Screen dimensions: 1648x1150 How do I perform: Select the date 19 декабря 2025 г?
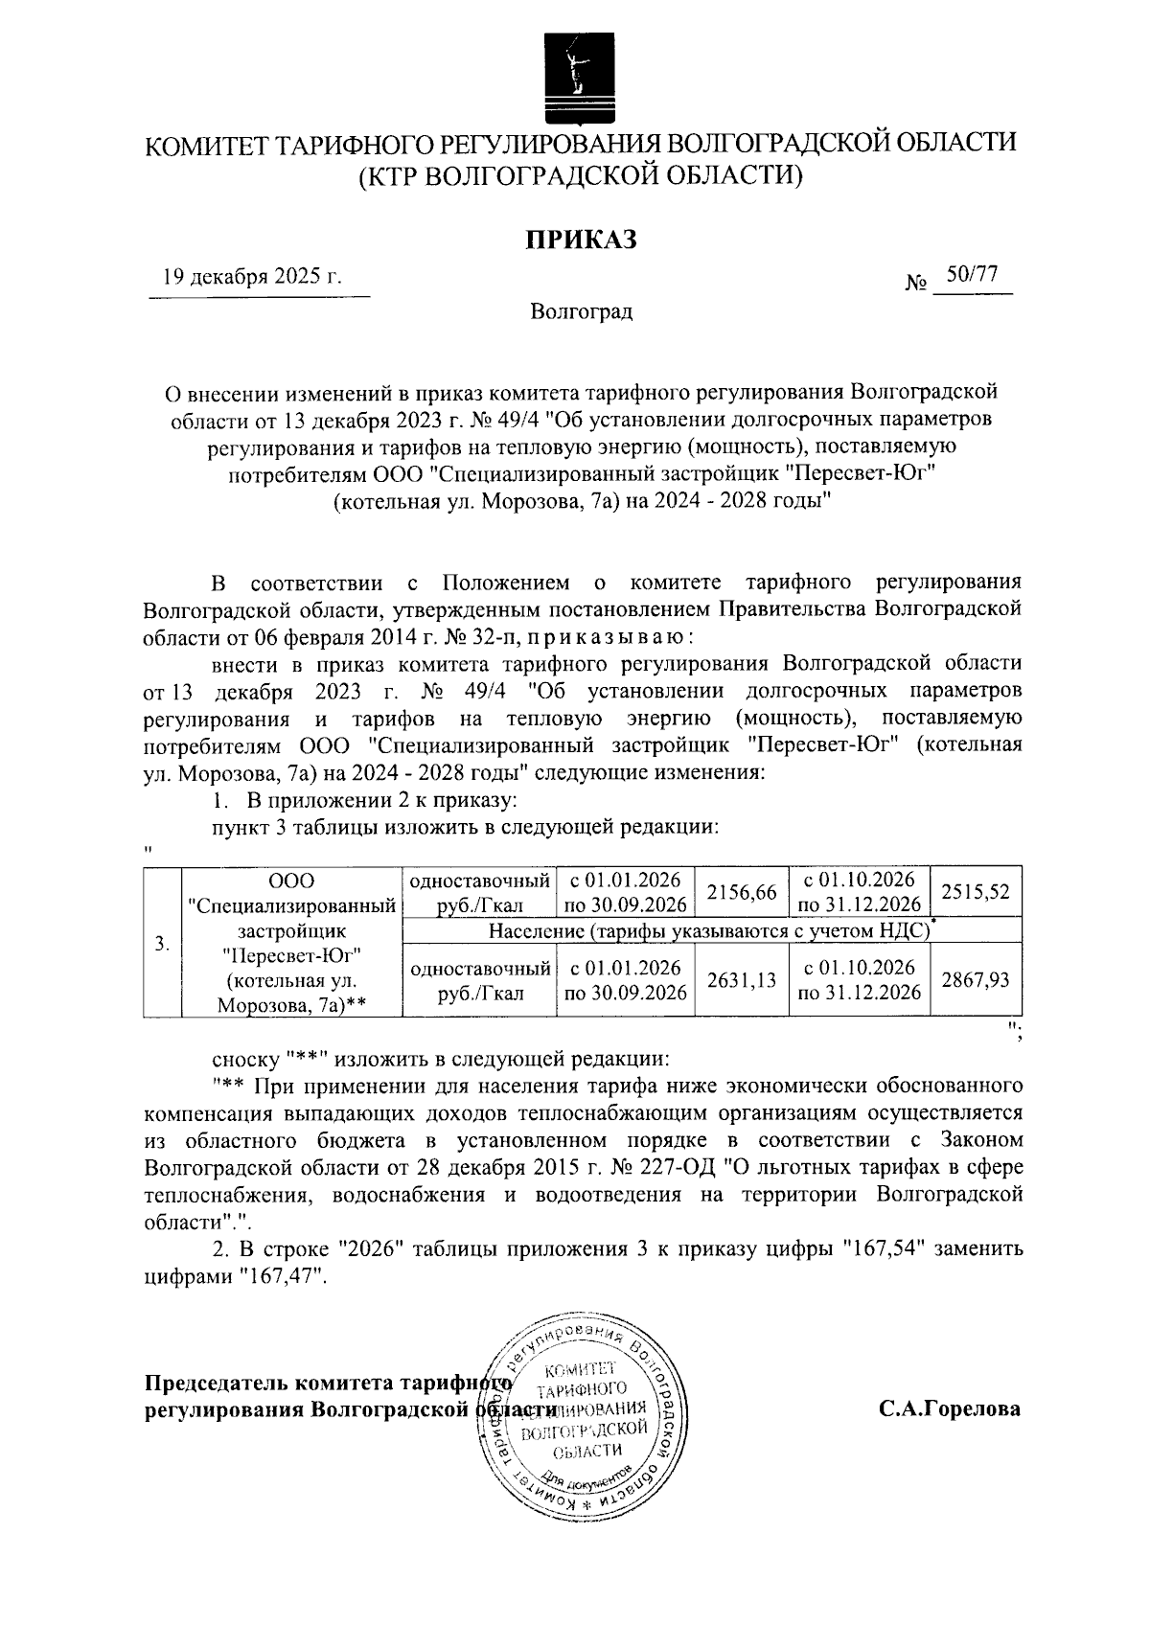coord(253,277)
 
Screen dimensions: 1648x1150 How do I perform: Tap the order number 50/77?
coord(972,275)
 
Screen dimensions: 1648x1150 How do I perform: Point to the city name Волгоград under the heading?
coord(580,311)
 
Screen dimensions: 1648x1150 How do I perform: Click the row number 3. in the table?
coord(163,943)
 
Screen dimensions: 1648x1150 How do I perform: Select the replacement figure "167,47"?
coord(283,1277)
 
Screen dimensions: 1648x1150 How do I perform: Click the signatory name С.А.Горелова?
coord(949,1409)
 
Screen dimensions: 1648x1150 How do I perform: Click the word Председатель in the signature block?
coord(215,1384)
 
